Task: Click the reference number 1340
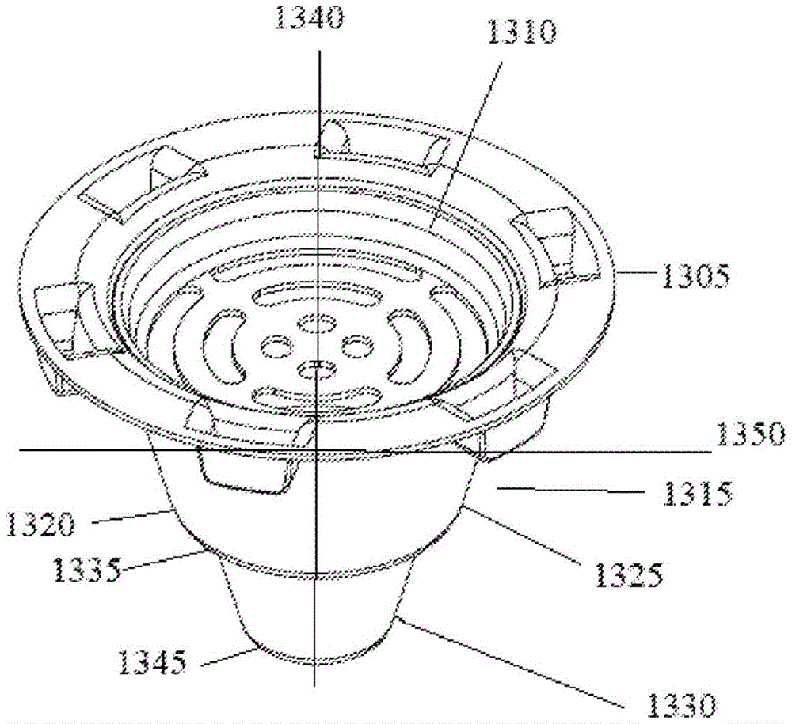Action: [309, 17]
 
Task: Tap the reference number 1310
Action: [522, 33]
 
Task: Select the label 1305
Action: [695, 275]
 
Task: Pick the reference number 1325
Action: [628, 574]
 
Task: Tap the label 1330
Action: [683, 703]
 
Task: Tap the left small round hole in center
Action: [276, 346]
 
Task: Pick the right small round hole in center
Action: [357, 347]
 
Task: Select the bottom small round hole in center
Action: [317, 370]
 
